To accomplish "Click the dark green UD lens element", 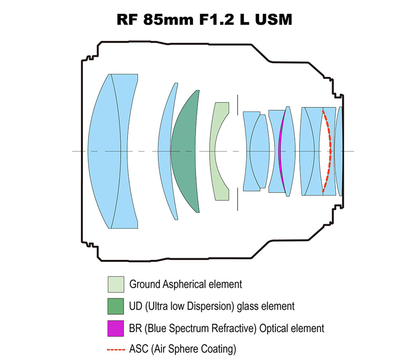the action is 185,151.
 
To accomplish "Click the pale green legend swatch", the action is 115,284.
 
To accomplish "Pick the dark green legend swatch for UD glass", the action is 115,306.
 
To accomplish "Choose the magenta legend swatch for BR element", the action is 115,328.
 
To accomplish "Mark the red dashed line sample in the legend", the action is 116,350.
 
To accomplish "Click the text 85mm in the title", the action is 168,19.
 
